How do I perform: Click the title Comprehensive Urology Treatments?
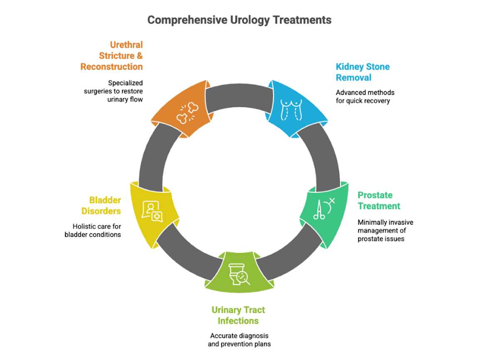(239, 20)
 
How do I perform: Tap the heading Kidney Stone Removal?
(363, 72)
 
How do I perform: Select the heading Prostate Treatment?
(379, 200)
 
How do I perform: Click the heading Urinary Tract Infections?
(238, 315)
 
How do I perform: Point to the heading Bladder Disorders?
(101, 205)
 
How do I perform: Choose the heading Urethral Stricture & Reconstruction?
(111, 56)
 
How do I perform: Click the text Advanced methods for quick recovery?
(365, 96)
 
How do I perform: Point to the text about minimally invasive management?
(385, 231)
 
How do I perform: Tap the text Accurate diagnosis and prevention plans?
(239, 340)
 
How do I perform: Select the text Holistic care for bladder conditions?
(93, 230)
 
